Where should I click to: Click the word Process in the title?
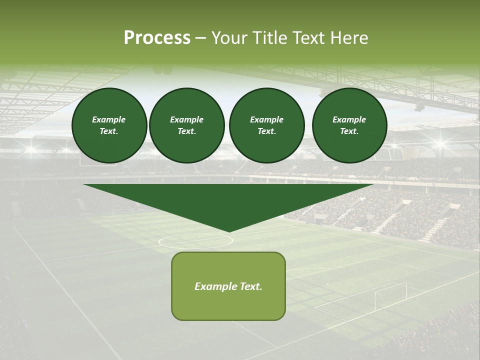157,38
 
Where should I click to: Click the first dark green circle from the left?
109,125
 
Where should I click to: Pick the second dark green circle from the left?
186,125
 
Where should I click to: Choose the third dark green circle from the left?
266,125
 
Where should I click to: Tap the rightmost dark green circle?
349,125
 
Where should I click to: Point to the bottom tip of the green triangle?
229,231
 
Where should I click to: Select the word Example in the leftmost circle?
109,119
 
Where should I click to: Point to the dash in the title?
201,38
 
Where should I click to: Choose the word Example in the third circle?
266,119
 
